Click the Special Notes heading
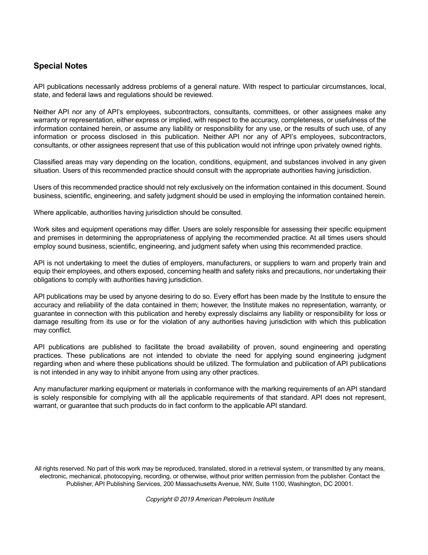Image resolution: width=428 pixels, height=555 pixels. pos(60,66)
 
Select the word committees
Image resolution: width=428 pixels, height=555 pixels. pos(272,112)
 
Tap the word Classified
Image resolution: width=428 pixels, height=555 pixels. pos(49,162)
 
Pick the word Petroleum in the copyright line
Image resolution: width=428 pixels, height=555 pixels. pos(237,499)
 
